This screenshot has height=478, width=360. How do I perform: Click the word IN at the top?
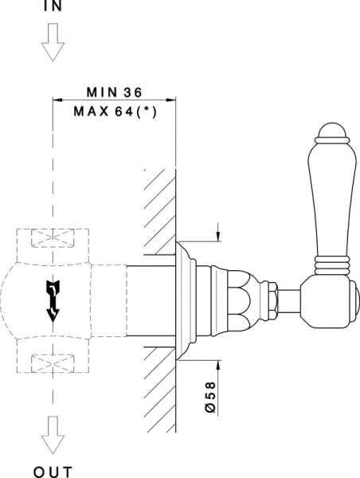53,6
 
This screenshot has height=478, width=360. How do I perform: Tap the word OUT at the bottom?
53,472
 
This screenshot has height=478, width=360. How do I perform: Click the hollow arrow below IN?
53,42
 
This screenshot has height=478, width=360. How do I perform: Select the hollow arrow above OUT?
53,435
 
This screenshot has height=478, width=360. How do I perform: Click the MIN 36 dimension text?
115,92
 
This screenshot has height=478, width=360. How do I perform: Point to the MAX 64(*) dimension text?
115,112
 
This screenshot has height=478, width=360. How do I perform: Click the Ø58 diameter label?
210,398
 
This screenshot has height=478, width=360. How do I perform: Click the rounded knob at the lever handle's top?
332,131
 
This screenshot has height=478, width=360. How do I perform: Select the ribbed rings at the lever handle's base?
332,265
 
